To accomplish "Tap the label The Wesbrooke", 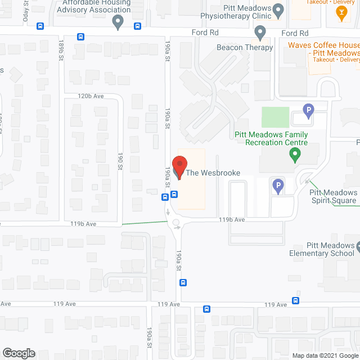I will (x=213, y=173).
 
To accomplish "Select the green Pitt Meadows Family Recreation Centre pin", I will (x=292, y=154).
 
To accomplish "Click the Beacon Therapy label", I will (x=245, y=48).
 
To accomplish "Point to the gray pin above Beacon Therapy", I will (x=260, y=34).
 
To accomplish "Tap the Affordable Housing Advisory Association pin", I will (x=118, y=22).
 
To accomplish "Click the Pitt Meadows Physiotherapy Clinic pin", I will (x=278, y=10).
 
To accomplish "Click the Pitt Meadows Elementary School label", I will (x=330, y=250).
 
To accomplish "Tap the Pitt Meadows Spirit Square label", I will (x=333, y=196).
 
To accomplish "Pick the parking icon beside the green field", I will (x=308, y=111).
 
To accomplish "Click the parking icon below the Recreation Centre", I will (x=277, y=185).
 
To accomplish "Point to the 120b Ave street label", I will (x=91, y=96).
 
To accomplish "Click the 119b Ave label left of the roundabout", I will (x=83, y=224).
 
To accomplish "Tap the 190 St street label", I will (x=120, y=161).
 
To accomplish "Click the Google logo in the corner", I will (x=18, y=353).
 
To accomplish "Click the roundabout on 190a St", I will (x=176, y=223).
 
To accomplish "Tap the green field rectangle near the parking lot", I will (x=275, y=117).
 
